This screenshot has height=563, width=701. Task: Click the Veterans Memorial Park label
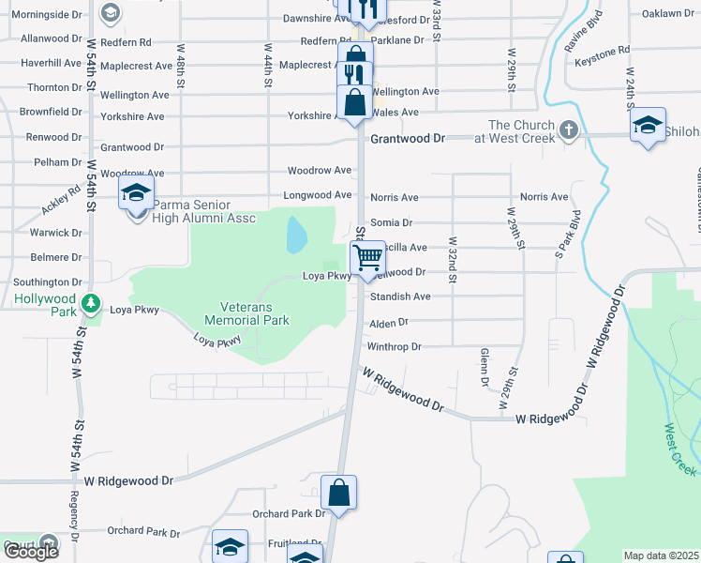tap(254, 313)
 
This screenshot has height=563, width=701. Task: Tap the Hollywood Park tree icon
tap(90, 303)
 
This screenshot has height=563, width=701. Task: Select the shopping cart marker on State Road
tap(368, 256)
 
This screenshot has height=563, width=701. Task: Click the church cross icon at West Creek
tap(568, 129)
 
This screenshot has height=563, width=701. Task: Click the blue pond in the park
tap(296, 235)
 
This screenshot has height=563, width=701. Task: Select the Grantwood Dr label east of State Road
tap(408, 138)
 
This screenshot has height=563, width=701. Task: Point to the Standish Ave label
tap(400, 297)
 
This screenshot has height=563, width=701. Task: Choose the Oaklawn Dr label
tap(668, 13)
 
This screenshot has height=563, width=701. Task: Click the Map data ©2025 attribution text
tap(662, 555)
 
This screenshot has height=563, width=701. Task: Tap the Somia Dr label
tap(393, 222)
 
